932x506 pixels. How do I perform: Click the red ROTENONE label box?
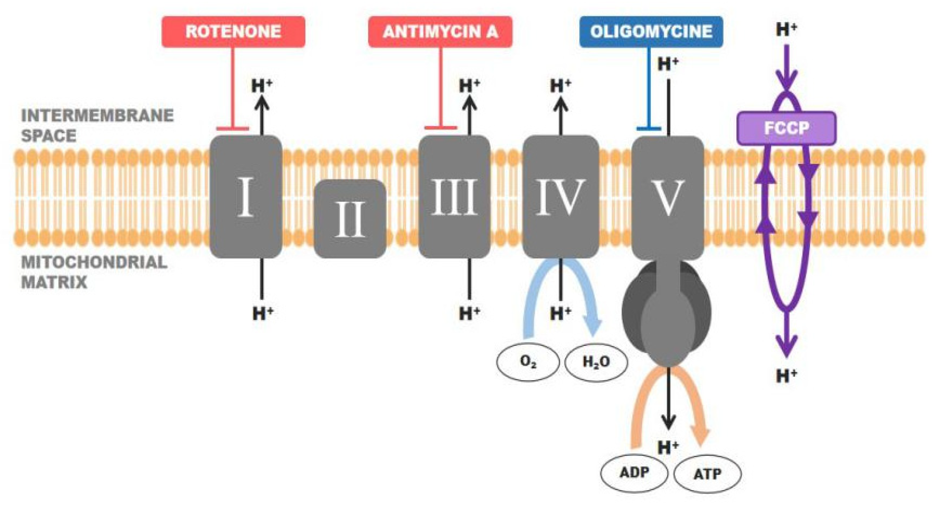[x=233, y=32]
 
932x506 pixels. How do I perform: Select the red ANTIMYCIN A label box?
[x=440, y=32]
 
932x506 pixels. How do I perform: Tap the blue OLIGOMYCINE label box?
[x=651, y=32]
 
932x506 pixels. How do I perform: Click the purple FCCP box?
[x=786, y=128]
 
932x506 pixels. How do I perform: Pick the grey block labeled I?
[x=246, y=197]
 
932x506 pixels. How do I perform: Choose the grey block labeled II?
[x=350, y=219]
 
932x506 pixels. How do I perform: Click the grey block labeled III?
[x=454, y=197]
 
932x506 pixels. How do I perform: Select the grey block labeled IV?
[x=560, y=197]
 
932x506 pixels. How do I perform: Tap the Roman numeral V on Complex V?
[x=668, y=198]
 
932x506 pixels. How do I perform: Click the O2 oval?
[x=528, y=362]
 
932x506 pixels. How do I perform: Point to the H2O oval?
[x=596, y=362]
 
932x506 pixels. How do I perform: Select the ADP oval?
[x=634, y=473]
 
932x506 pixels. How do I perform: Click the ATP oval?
[x=707, y=474]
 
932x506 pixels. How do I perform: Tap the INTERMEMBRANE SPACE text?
[x=97, y=125]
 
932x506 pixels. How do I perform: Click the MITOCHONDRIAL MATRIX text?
[x=94, y=272]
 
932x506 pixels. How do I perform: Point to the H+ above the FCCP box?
[x=786, y=30]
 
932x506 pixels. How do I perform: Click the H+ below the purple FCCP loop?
[x=786, y=376]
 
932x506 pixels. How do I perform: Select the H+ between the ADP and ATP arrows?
[x=668, y=447]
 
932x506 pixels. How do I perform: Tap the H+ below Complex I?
[x=263, y=313]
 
